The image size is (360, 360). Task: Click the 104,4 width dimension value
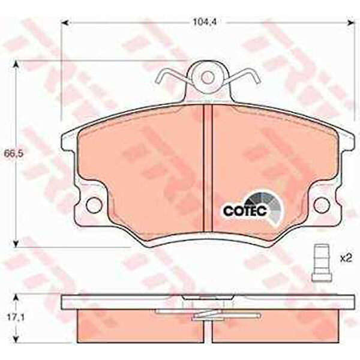coord(205,22)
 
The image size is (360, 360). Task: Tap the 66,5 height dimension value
coord(14,154)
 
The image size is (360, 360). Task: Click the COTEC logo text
coord(245,211)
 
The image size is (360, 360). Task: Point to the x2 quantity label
coord(346,259)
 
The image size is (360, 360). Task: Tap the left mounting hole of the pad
coord(94,205)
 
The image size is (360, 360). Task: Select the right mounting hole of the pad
coord(322,205)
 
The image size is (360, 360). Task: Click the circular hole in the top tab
coord(208,77)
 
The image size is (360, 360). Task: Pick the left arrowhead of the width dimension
coord(66,22)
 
